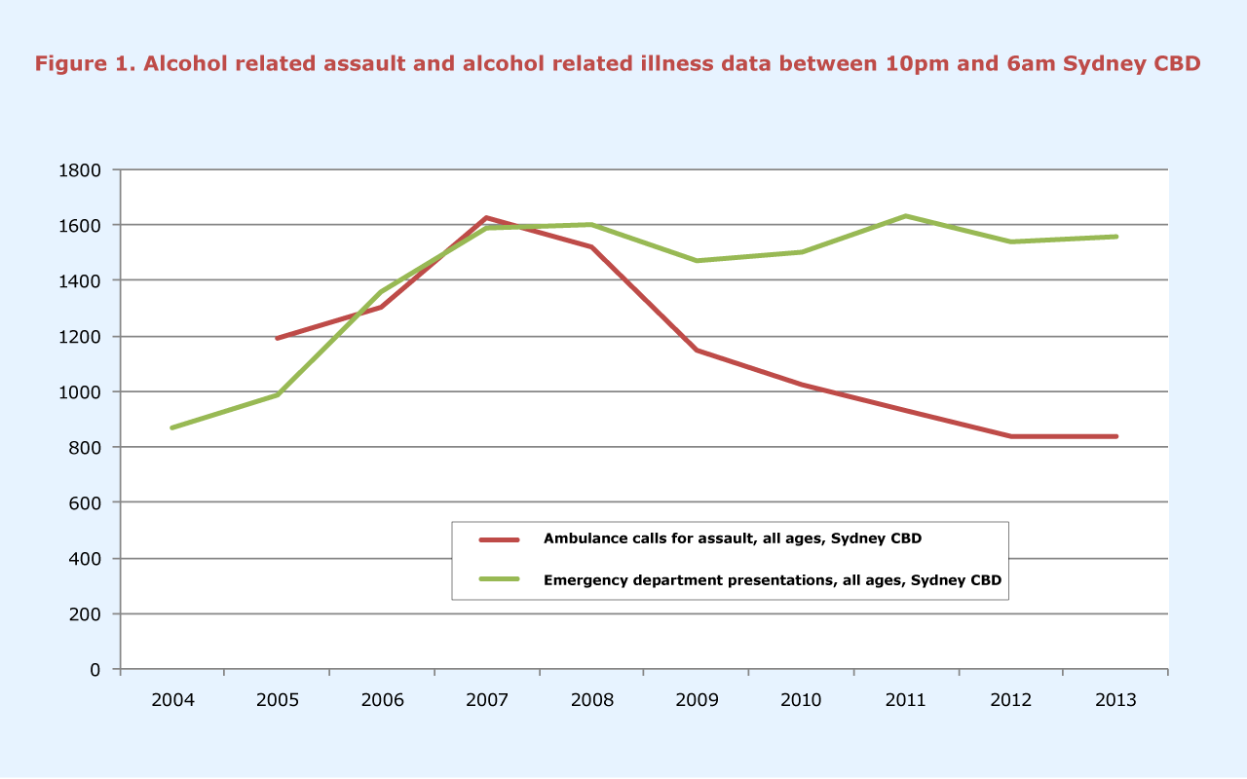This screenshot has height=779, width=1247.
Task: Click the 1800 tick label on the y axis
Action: [82, 170]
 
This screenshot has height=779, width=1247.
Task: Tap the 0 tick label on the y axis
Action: [95, 670]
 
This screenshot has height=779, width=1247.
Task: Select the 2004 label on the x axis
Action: [172, 700]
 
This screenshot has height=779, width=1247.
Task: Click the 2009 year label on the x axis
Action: [697, 700]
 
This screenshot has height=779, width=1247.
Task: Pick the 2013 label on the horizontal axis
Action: [1115, 700]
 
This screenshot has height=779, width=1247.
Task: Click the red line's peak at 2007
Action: [486, 218]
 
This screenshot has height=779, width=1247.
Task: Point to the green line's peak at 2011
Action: [906, 216]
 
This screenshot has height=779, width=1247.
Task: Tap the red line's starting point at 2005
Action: [277, 338]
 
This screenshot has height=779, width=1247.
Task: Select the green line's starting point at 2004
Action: [172, 427]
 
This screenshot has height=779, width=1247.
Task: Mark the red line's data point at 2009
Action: [697, 350]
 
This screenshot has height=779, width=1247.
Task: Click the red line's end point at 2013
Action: [1115, 436]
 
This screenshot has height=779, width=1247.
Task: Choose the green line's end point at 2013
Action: [1115, 237]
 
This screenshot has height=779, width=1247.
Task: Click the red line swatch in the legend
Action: [500, 538]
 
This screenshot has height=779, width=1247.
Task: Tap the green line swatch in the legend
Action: [500, 579]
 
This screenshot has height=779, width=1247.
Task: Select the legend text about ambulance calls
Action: [732, 538]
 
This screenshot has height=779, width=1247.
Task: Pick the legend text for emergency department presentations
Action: [773, 579]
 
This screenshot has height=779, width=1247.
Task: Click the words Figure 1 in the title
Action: [84, 64]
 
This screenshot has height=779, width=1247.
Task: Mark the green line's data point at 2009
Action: [697, 261]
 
